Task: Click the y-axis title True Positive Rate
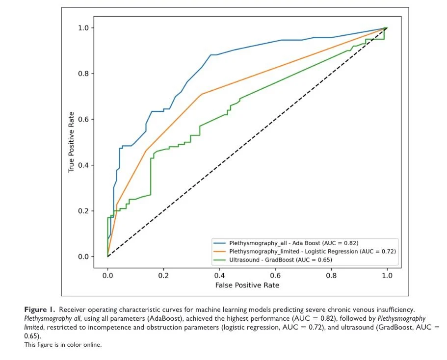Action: (x=72, y=142)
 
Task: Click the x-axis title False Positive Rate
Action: (x=247, y=285)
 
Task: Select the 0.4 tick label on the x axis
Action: (x=219, y=276)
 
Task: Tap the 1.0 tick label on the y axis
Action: (x=84, y=28)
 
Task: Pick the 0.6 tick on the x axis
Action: (x=275, y=269)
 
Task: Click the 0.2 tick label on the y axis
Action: (x=84, y=211)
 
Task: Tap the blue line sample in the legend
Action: (x=219, y=243)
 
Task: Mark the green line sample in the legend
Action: (x=219, y=259)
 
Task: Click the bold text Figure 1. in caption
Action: (x=42, y=309)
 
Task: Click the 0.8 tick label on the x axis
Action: (x=331, y=276)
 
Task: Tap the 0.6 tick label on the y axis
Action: (x=84, y=119)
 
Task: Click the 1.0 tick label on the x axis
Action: (x=387, y=276)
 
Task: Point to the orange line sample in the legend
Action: (x=219, y=251)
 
